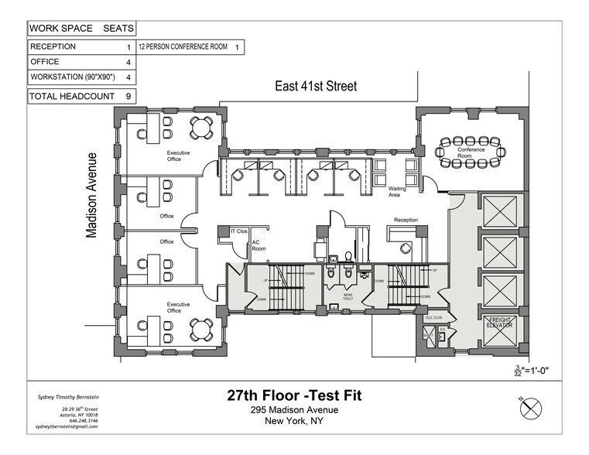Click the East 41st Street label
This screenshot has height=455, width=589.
(x=316, y=87)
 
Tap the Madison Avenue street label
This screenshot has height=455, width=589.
(x=92, y=193)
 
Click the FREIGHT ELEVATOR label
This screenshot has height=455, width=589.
(x=499, y=323)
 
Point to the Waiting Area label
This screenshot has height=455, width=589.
(x=398, y=192)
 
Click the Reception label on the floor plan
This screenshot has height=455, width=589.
(x=406, y=221)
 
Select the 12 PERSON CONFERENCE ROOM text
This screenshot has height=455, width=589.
(x=183, y=47)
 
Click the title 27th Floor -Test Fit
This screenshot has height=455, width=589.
(x=293, y=396)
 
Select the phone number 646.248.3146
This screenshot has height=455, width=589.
(x=82, y=420)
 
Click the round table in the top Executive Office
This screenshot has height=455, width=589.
(x=202, y=127)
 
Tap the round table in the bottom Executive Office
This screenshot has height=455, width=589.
(x=202, y=329)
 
